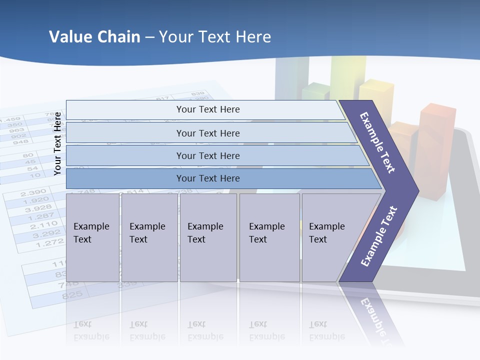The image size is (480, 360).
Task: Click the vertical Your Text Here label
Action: [57, 143]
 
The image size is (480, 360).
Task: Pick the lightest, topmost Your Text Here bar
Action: [207, 109]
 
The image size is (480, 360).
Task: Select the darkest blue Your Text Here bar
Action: [207, 178]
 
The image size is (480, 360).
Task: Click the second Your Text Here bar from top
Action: [207, 133]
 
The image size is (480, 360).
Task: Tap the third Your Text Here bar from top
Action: [207, 156]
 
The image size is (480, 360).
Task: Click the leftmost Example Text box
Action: [92, 237]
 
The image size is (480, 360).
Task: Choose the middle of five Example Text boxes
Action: [208, 237]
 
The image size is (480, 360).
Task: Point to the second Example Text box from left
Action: [149, 237]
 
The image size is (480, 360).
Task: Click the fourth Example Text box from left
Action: [269, 237]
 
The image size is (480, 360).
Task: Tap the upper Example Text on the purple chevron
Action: [377, 142]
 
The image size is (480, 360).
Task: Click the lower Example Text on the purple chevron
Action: [378, 236]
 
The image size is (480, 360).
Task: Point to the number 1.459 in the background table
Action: [10, 120]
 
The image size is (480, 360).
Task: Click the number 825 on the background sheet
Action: [72, 295]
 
